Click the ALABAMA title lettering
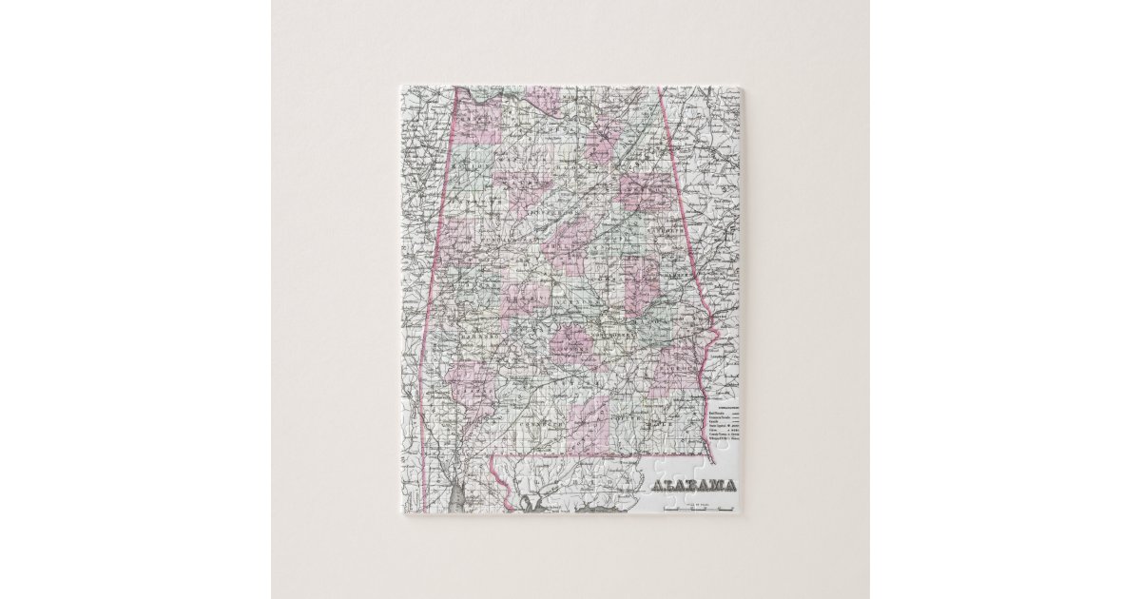693,487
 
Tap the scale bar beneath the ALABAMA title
699,509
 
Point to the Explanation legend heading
725,403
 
